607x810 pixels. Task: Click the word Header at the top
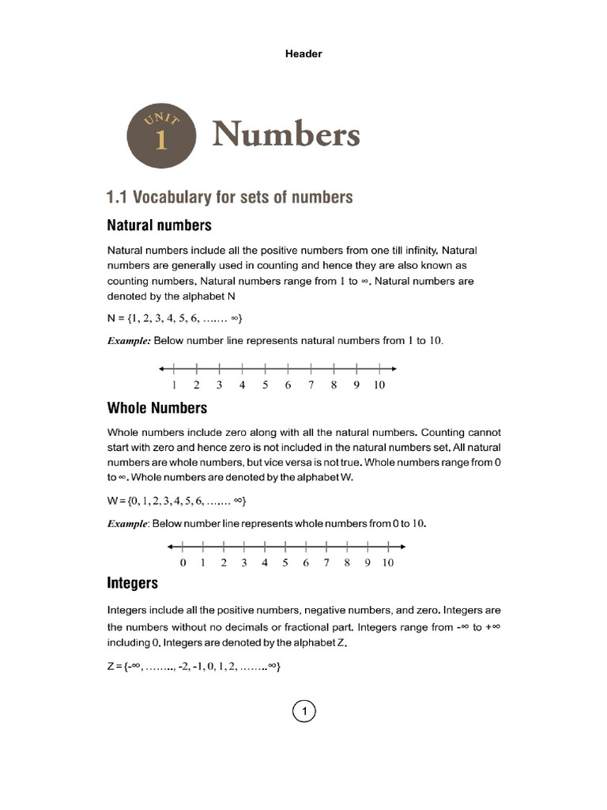point(303,54)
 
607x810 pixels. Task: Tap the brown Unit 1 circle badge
point(161,134)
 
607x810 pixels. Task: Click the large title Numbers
point(285,135)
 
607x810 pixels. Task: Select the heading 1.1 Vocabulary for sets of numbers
point(229,197)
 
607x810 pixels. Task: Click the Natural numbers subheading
point(159,225)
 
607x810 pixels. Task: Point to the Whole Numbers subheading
point(156,408)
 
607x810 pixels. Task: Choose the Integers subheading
point(132,583)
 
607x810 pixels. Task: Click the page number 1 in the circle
point(303,712)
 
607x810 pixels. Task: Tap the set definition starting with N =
point(175,319)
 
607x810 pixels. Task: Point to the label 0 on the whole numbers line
point(183,563)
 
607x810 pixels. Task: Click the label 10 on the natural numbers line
point(379,385)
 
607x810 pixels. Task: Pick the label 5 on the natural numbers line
point(266,385)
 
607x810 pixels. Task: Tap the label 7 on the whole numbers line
point(326,563)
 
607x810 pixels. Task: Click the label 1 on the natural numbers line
point(174,385)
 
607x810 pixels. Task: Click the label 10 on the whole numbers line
point(387,563)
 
